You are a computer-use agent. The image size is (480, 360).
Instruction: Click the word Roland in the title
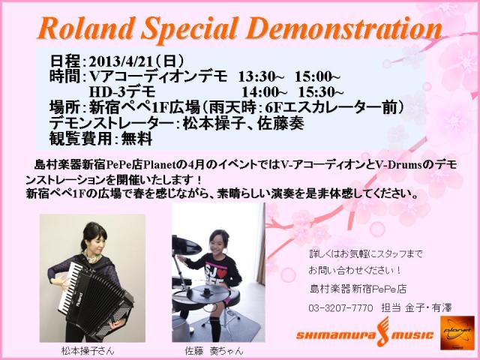pyautogui.click(x=87, y=28)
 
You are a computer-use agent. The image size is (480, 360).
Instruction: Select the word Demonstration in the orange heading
pyautogui.click(x=346, y=28)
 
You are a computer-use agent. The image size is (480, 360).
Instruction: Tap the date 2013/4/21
pyautogui.click(x=121, y=61)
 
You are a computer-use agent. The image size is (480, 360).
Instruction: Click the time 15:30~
pyautogui.click(x=321, y=92)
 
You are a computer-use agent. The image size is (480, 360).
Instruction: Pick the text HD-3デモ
pyautogui.click(x=122, y=92)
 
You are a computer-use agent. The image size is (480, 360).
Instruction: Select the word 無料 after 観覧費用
pyautogui.click(x=136, y=139)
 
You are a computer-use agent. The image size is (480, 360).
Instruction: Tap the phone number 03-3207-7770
pyautogui.click(x=340, y=307)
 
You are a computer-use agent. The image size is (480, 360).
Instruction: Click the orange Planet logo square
pyautogui.click(x=457, y=333)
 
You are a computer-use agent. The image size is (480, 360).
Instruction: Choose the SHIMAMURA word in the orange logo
pyautogui.click(x=335, y=335)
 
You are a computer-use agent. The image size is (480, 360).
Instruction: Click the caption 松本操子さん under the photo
pyautogui.click(x=88, y=351)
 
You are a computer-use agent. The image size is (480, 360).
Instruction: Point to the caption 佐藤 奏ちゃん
pyautogui.click(x=214, y=351)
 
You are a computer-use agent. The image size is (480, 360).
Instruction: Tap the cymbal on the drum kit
pyautogui.click(x=186, y=245)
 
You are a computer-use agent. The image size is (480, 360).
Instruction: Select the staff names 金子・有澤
pyautogui.click(x=428, y=307)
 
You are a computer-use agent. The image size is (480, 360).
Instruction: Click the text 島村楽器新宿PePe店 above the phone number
pyautogui.click(x=358, y=289)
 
